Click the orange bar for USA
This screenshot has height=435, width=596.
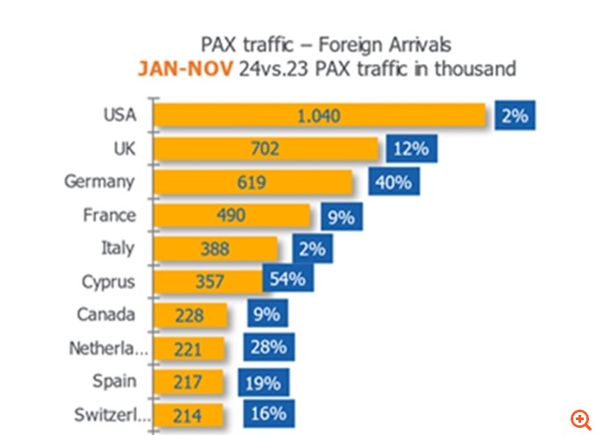point(320,116)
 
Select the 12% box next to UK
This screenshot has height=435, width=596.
point(410,149)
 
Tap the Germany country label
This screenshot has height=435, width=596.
point(99,182)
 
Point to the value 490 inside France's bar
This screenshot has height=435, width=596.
point(233,216)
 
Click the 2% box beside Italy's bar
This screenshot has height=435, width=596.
point(312,249)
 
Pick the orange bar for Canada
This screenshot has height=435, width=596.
point(190,315)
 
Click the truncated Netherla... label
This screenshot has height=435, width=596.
point(108,348)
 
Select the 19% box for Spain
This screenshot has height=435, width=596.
point(259,382)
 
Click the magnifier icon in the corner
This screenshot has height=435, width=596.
point(580,418)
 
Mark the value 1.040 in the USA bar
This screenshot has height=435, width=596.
point(317,116)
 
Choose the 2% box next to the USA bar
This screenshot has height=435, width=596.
point(515,116)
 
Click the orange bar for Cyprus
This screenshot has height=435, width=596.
point(208,282)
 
